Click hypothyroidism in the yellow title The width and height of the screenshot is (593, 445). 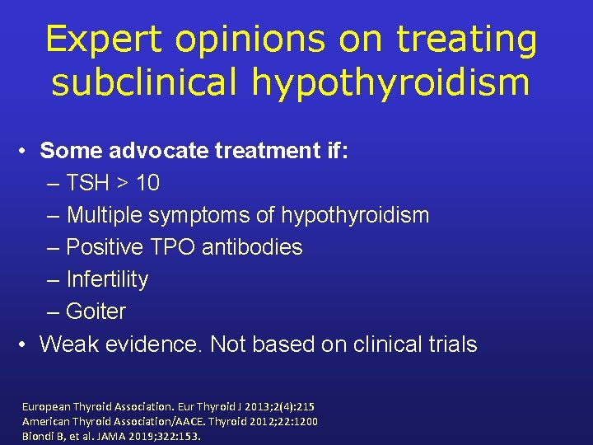(x=400, y=82)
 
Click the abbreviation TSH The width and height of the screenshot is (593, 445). (x=89, y=183)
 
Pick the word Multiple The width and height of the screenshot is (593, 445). (x=105, y=215)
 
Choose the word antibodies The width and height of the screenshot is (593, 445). (x=252, y=247)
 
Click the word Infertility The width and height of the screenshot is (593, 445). (x=107, y=279)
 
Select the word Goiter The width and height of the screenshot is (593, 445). (x=96, y=311)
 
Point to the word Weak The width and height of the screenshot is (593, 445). (x=66, y=344)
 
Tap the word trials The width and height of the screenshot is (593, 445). (x=451, y=344)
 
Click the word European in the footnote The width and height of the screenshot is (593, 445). (x=48, y=407)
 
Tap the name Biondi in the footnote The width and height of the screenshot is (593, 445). (x=40, y=435)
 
